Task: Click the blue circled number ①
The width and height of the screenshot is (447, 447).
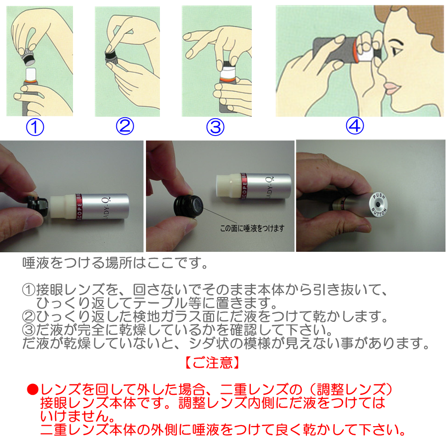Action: [35, 127]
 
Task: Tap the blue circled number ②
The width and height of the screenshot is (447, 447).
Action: [125, 126]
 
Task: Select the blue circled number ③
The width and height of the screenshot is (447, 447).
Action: [215, 127]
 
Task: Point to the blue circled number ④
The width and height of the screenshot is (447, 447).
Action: [355, 126]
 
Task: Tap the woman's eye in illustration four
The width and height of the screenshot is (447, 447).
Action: [396, 51]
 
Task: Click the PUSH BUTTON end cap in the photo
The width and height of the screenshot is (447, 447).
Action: [378, 205]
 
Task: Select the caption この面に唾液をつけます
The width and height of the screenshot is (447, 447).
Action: [252, 228]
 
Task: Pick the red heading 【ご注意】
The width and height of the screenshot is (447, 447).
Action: [212, 363]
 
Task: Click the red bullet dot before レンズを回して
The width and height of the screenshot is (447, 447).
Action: [32, 389]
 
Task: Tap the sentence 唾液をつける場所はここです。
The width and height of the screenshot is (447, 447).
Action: [115, 263]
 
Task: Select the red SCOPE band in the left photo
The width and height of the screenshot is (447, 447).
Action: [79, 207]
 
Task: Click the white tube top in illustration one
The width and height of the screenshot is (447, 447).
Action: [31, 74]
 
